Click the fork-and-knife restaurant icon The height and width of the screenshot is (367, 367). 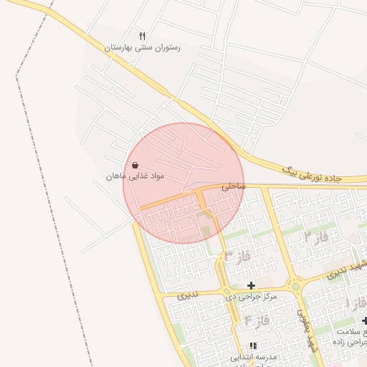click(142, 35)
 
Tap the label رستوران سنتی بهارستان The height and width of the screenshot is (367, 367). click(142, 47)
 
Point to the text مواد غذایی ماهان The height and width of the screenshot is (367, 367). click(135, 176)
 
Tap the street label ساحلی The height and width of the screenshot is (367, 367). click(233, 186)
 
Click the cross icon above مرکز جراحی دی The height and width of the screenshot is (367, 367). click(251, 285)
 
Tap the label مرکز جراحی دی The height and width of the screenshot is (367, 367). click(252, 296)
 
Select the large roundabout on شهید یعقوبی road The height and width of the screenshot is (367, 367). click(294, 286)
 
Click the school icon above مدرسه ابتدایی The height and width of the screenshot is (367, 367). click(252, 345)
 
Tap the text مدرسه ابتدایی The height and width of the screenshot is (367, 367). click(252, 356)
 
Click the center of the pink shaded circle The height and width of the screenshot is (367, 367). click(183, 183)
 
